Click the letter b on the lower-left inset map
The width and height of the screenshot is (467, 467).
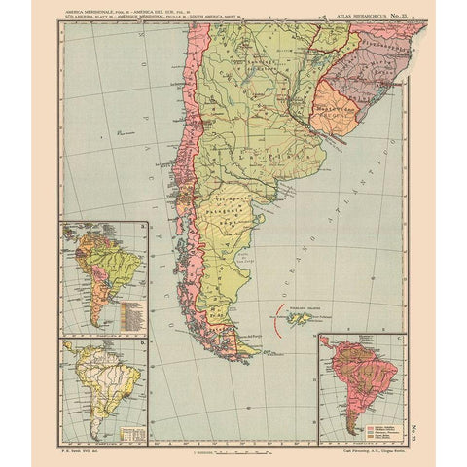pyautogui.click(x=142, y=342)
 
